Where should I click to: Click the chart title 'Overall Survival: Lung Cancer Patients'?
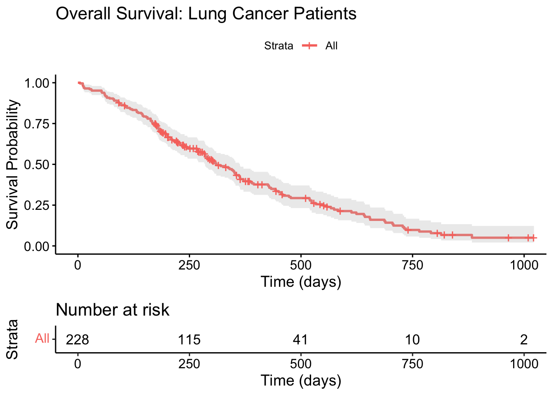pyautogui.click(x=206, y=14)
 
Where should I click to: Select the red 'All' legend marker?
pyautogui.click(x=309, y=46)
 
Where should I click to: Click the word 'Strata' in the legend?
pyautogui.click(x=279, y=46)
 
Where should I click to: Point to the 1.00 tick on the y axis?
pyautogui.click(x=37, y=83)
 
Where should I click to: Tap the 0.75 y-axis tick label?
pyautogui.click(x=37, y=124)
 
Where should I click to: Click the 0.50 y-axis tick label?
pyautogui.click(x=37, y=165)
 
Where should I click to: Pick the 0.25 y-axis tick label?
pyautogui.click(x=37, y=205)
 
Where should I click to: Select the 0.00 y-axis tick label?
pyautogui.click(x=37, y=246)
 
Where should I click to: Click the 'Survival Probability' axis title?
pyautogui.click(x=12, y=165)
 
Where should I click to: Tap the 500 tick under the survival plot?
pyautogui.click(x=301, y=265)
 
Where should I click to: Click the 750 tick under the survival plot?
pyautogui.click(x=412, y=265)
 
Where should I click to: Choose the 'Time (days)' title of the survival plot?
pyautogui.click(x=301, y=282)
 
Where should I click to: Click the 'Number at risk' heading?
pyautogui.click(x=112, y=310)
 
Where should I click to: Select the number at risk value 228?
pyautogui.click(x=78, y=339)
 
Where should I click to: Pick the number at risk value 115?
pyautogui.click(x=189, y=339)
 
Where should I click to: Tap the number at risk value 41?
pyautogui.click(x=301, y=339)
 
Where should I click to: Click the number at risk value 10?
pyautogui.click(x=412, y=339)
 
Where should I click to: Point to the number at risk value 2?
pyautogui.click(x=524, y=339)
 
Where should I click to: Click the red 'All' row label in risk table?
pyautogui.click(x=42, y=339)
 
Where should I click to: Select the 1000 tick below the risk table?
pyautogui.click(x=524, y=364)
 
